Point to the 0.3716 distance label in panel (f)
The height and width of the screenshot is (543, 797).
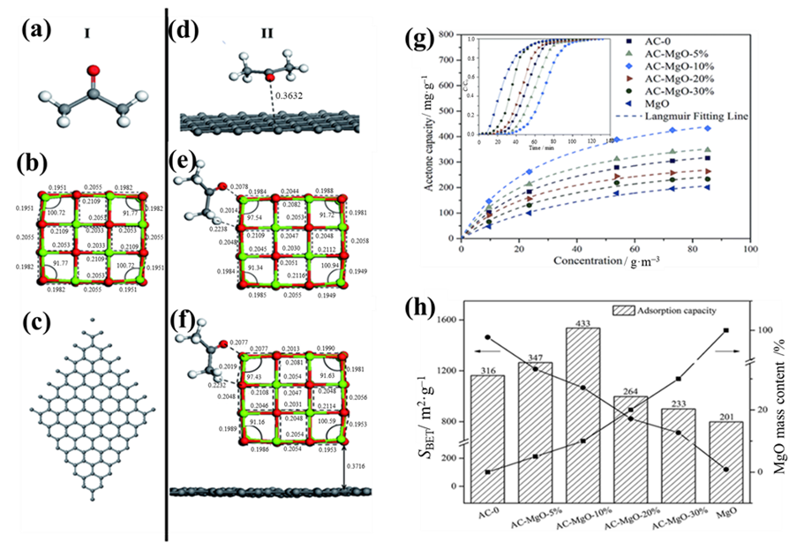[x=357, y=465]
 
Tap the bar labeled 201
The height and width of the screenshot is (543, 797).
[x=726, y=459]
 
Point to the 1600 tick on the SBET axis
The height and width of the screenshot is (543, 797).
[x=447, y=321]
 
